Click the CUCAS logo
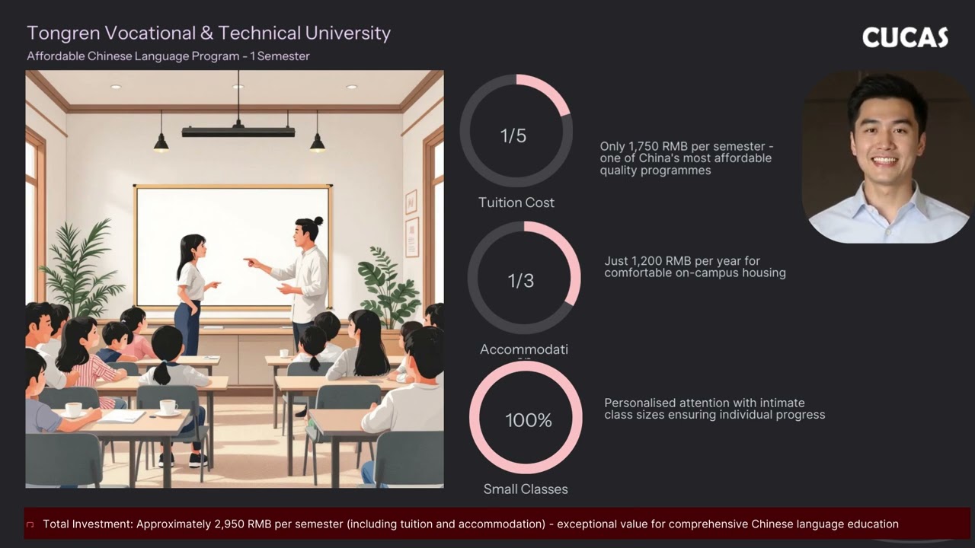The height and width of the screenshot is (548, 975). (905, 37)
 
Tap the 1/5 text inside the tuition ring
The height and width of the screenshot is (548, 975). (513, 135)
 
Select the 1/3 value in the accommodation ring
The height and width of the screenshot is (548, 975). (521, 280)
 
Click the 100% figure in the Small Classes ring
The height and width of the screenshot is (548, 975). (529, 420)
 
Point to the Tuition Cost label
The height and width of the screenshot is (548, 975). (516, 202)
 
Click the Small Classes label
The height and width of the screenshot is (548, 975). (526, 489)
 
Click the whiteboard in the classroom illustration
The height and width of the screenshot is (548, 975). (232, 228)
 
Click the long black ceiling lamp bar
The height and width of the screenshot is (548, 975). (238, 132)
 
